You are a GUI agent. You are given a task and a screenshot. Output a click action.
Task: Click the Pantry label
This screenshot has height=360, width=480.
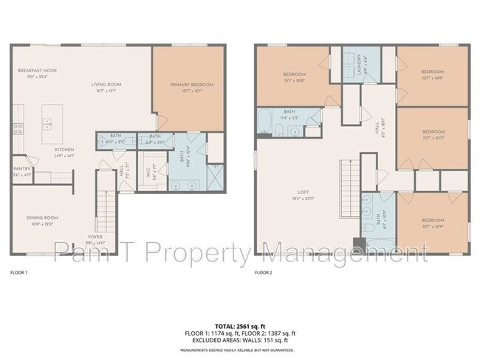pyautogui.click(x=21, y=172)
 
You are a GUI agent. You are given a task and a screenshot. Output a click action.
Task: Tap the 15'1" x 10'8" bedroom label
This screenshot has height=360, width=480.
pyautogui.click(x=294, y=76)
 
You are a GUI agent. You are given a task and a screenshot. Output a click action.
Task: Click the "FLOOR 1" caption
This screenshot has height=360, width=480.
pyautogui.click(x=18, y=272)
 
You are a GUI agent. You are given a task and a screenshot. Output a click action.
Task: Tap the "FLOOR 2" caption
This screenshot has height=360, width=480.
pyautogui.click(x=263, y=272)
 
